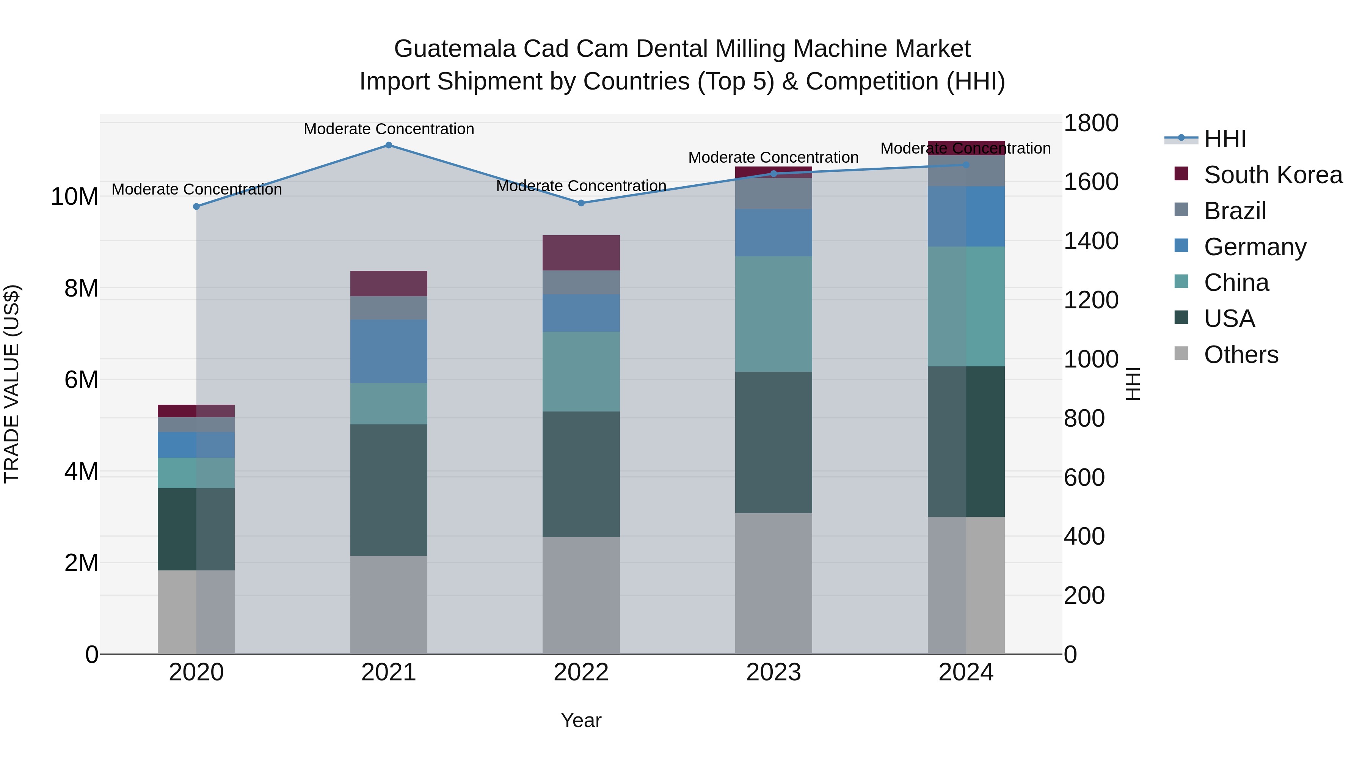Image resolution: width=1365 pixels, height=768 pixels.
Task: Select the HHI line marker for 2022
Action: click(581, 203)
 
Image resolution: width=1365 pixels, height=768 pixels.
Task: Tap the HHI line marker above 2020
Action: click(196, 206)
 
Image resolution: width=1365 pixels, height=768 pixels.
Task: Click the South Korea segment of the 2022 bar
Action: click(581, 253)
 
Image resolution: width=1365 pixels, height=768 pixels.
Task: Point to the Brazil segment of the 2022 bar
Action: click(581, 283)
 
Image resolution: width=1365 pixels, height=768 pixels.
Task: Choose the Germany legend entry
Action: click(1255, 247)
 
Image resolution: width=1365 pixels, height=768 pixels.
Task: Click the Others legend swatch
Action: click(1181, 353)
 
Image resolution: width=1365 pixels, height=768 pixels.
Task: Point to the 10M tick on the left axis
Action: click(74, 196)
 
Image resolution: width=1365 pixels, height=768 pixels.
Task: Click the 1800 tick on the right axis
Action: click(1090, 123)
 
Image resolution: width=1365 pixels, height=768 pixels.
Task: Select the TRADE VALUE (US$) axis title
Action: click(12, 384)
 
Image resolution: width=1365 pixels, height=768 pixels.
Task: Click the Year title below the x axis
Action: click(581, 720)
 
